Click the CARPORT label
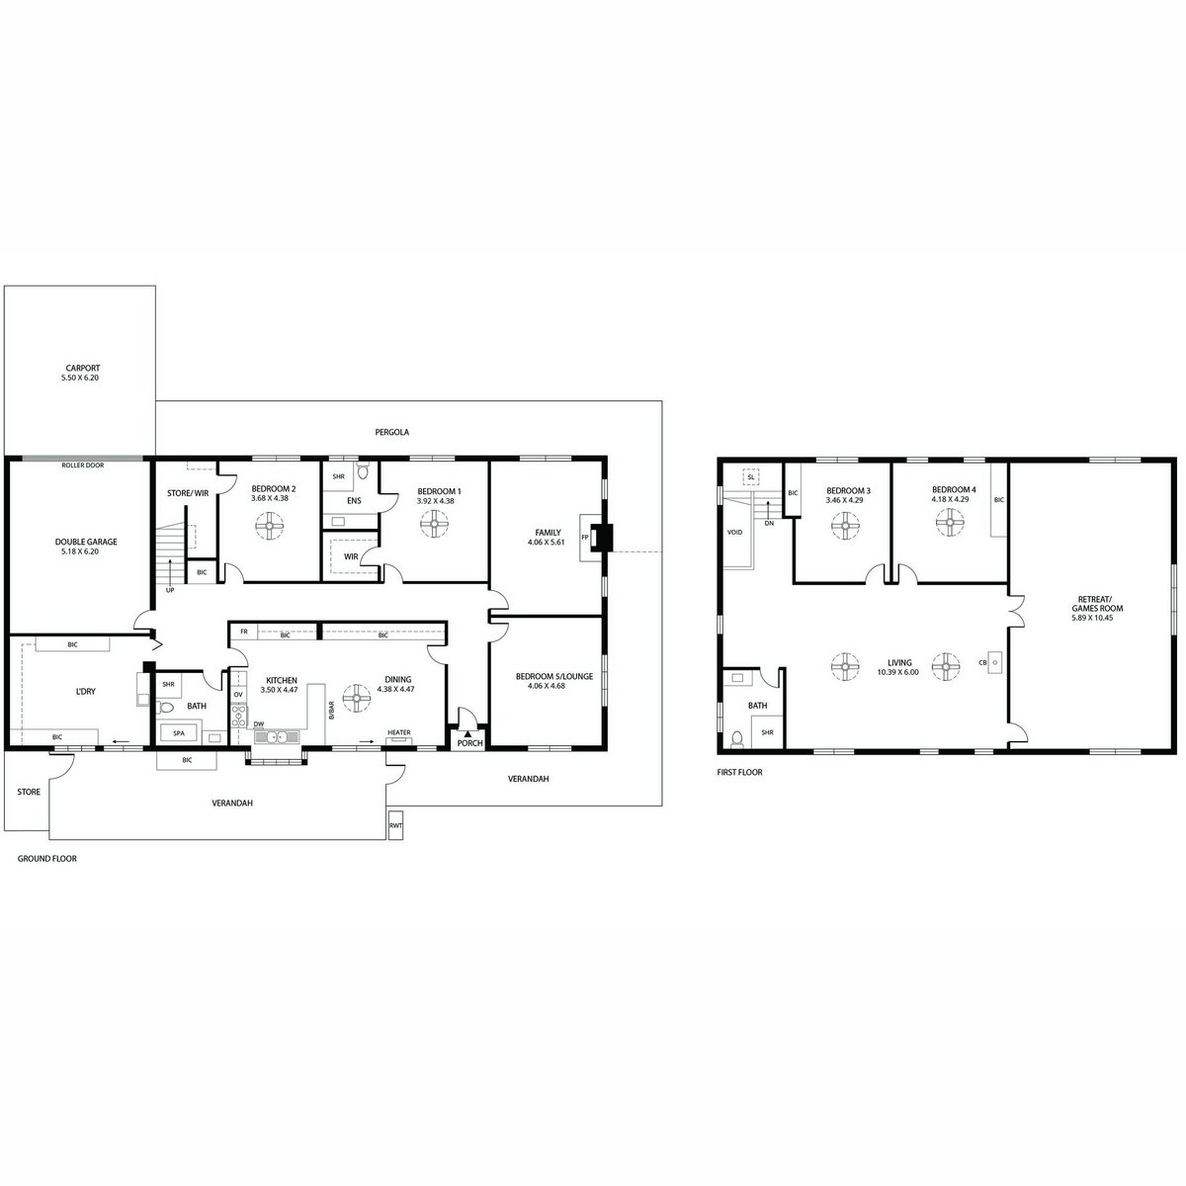83,368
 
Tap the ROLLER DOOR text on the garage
82,466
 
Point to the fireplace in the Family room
595,538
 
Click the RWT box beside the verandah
395,826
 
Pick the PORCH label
470,743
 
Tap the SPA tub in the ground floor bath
179,733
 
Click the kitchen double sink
277,736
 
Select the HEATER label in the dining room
399,732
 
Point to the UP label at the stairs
170,590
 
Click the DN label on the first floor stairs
769,523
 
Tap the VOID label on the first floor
735,532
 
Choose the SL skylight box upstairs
751,477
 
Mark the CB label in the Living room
982,663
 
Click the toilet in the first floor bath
736,738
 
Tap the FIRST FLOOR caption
739,773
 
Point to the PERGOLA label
392,432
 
